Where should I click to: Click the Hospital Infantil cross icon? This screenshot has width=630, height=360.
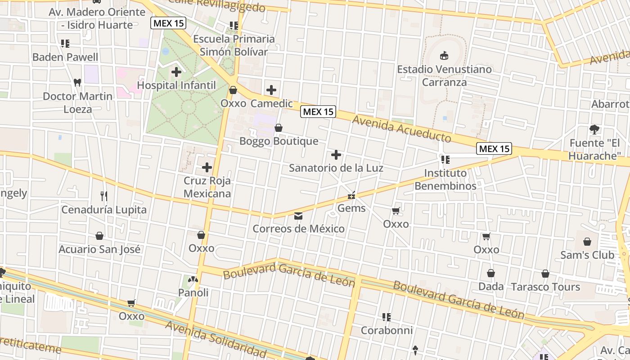176,72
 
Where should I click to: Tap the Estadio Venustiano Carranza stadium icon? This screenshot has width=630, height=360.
444,56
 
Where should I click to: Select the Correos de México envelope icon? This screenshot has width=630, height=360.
298,216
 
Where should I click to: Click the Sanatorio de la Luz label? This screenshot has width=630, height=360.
336,168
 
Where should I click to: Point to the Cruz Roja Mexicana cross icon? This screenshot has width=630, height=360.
207,168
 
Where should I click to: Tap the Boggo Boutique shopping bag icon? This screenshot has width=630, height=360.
279,128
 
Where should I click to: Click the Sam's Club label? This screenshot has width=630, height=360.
587,255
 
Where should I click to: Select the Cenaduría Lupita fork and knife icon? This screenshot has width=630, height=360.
104,196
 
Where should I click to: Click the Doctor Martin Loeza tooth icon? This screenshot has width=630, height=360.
77,83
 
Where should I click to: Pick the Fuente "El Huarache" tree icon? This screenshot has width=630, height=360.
594,130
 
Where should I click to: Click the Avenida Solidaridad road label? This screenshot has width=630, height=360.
216,337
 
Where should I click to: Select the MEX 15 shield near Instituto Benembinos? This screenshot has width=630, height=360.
494,148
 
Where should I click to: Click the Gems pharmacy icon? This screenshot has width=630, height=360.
351,196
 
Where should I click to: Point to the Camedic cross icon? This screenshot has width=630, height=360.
271,90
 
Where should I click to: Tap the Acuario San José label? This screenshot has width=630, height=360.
99,249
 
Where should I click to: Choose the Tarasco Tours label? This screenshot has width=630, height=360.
545,287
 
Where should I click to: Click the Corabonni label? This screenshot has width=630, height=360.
387,330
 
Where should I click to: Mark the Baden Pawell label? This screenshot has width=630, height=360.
65,57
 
